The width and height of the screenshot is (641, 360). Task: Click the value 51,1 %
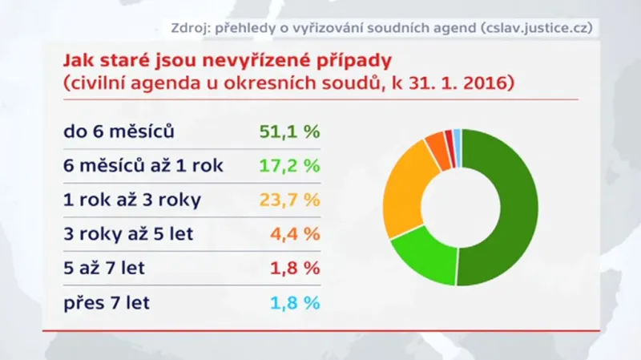[x=289, y=131]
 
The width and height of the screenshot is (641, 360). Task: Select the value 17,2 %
[x=289, y=166]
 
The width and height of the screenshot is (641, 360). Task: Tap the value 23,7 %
[x=289, y=200]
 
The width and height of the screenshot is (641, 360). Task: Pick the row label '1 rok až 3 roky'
[x=135, y=200]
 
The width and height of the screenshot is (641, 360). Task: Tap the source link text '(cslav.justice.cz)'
[x=534, y=27]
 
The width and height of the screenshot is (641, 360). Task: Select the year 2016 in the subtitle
[x=484, y=83]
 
